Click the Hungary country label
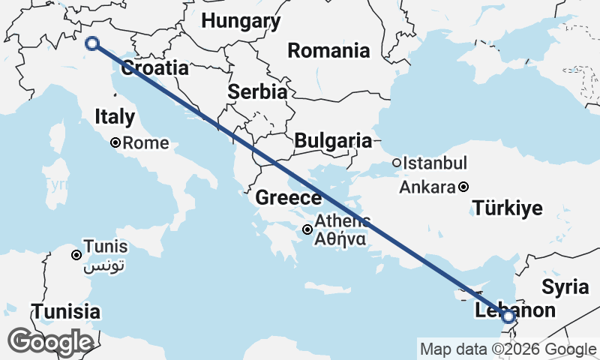pyautogui.click(x=241, y=21)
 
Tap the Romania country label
pyautogui.click(x=329, y=51)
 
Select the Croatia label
pyautogui.click(x=154, y=67)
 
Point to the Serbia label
pyautogui.click(x=257, y=92)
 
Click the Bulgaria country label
pyautogui.click(x=333, y=140)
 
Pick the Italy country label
pyautogui.click(x=115, y=116)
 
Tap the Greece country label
pyautogui.click(x=289, y=198)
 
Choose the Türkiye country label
pyautogui.click(x=507, y=208)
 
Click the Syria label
pyautogui.click(x=560, y=286)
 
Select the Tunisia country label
pyautogui.click(x=65, y=310)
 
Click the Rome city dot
pyautogui.click(x=115, y=142)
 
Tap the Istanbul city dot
pyautogui.click(x=397, y=163)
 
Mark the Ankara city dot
pyautogui.click(x=464, y=187)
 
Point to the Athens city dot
pyautogui.click(x=307, y=229)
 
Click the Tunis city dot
pyautogui.click(x=76, y=255)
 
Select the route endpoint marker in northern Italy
pyautogui.click(x=92, y=43)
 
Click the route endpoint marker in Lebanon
pyautogui.click(x=508, y=317)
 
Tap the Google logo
pyautogui.click(x=50, y=342)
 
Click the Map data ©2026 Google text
pyautogui.click(x=508, y=349)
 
